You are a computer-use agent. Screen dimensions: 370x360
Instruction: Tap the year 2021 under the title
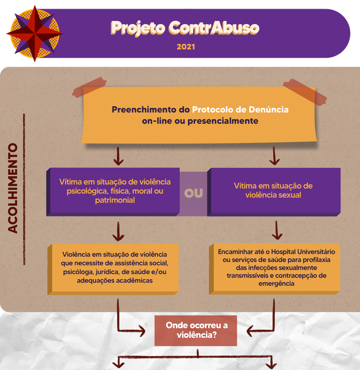tap(185, 47)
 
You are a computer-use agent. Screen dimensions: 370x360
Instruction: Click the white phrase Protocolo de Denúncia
tap(240, 109)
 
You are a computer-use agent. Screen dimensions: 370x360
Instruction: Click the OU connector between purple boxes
tap(194, 193)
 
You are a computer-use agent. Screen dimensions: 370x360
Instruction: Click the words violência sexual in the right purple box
tap(273, 195)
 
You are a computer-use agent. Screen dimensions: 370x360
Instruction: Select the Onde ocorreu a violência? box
tap(196, 330)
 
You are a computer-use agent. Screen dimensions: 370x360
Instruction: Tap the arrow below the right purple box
tap(277, 230)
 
